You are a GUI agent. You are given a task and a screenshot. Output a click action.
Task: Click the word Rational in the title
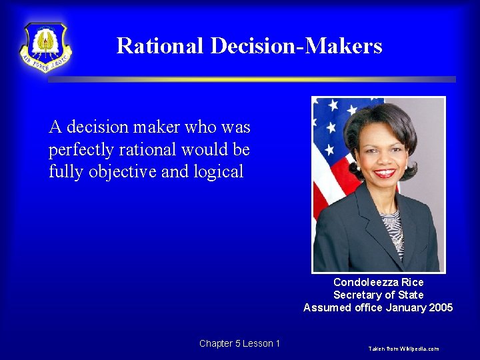pos(160,46)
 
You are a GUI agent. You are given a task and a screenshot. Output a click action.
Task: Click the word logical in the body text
pos(219,171)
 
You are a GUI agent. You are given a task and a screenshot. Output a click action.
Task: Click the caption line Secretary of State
pos(378,295)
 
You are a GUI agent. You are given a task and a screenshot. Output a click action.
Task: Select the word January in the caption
pos(402,307)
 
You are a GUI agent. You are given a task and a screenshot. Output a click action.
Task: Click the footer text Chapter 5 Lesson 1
pos(239,343)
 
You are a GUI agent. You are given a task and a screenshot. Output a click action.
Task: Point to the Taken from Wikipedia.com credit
pos(404,349)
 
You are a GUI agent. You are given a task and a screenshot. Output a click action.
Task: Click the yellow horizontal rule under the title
pos(251,79)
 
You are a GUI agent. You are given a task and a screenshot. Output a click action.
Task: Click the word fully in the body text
pos(64,171)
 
